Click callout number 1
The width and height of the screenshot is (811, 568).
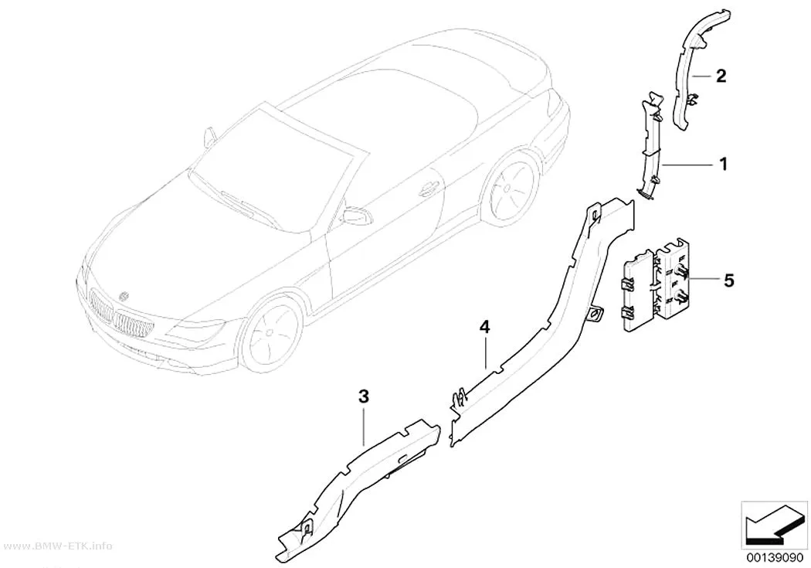point(724,164)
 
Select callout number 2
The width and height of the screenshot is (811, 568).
point(721,76)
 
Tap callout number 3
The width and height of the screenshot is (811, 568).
point(364,397)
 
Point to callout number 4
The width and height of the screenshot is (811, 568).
point(484,327)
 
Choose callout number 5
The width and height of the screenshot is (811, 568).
point(729,281)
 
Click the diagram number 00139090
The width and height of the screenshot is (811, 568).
point(775,558)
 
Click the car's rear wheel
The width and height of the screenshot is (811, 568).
point(508,185)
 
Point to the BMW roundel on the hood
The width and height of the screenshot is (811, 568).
point(124,297)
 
